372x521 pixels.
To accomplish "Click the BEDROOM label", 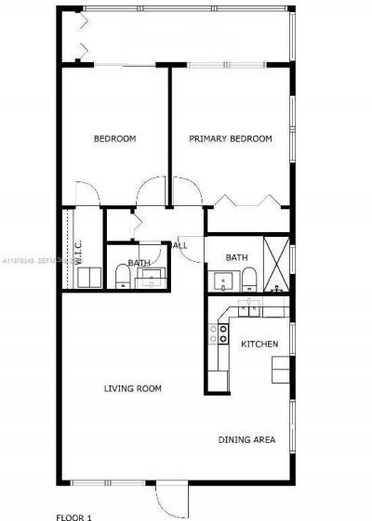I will pos(115,139).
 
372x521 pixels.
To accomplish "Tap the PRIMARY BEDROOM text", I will pos(230,139).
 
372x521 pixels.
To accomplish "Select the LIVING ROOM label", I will pos(133,388).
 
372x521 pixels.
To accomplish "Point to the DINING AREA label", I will pos(246,439).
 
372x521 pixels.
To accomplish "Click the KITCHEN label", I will pos(259,345).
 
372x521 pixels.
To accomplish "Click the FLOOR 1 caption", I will pos(75,515).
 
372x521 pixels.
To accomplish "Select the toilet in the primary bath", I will pos(249,279).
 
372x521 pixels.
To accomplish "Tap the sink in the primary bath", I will pos(223,280).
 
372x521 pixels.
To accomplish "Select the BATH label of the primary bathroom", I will pos(236,258).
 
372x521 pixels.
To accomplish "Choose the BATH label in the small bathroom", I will pos(139,263).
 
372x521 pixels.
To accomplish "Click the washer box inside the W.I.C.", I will pos(89,278).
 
